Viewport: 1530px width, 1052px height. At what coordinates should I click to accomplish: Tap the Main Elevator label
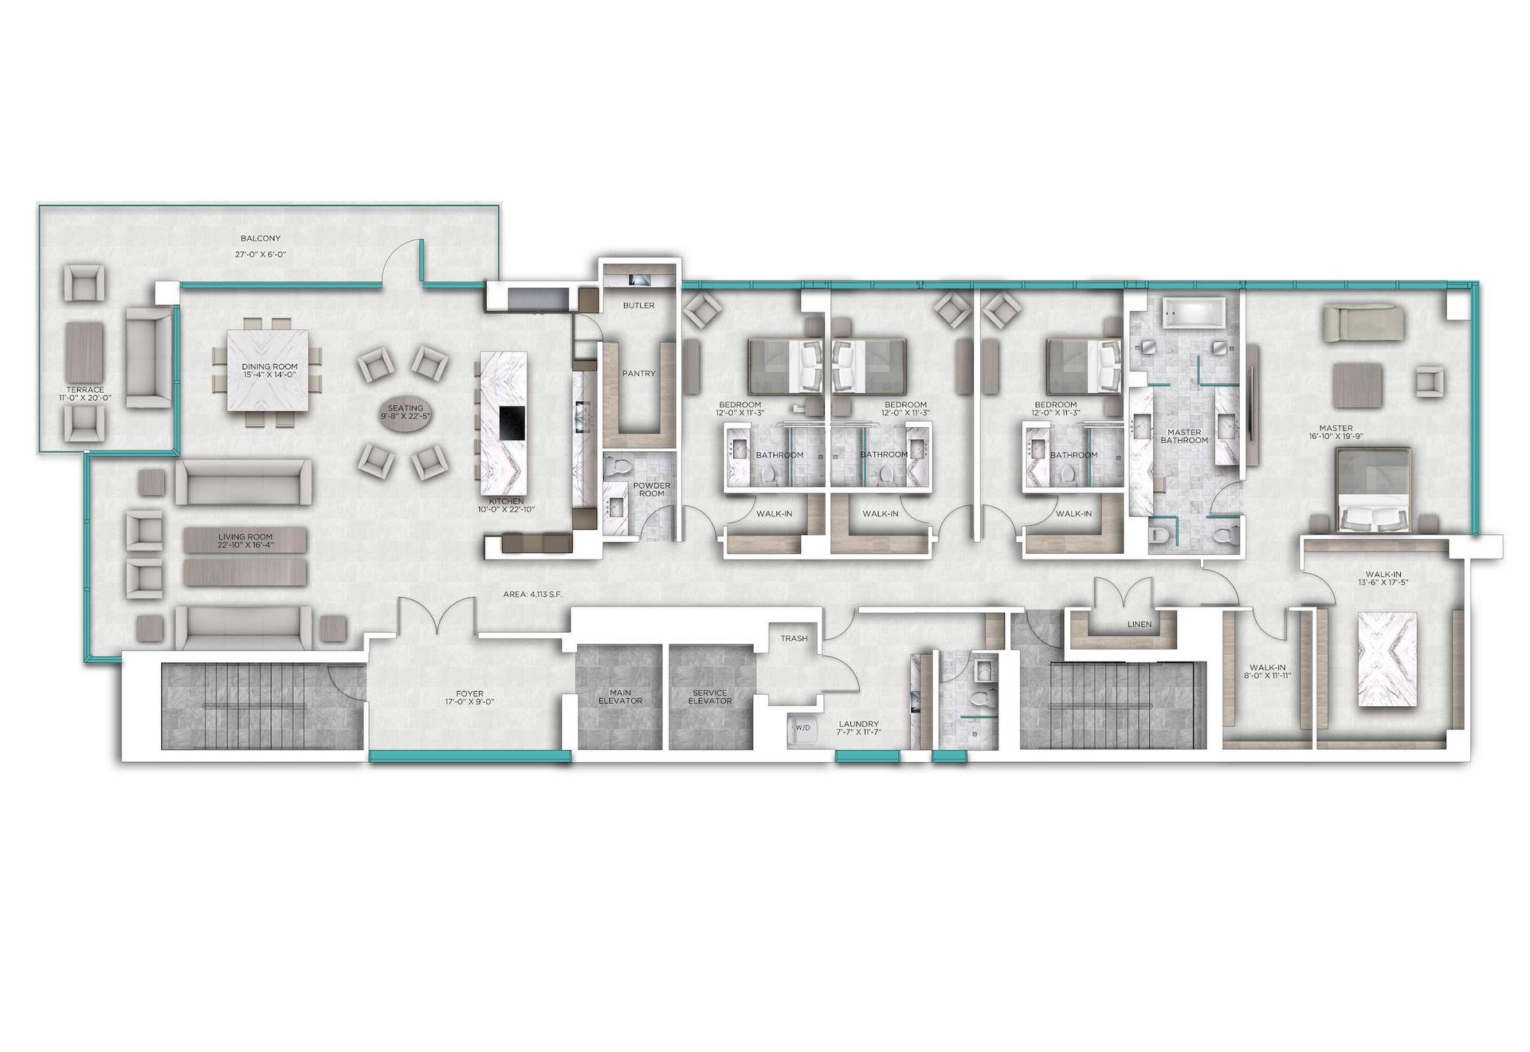pyautogui.click(x=620, y=697)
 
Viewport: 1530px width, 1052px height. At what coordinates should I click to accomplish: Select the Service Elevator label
pyautogui.click(x=710, y=697)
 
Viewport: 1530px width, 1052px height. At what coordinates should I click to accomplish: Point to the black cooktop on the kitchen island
pyautogui.click(x=512, y=422)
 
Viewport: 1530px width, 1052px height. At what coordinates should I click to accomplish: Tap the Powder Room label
pyautogui.click(x=652, y=489)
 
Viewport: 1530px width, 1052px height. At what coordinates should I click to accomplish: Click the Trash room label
pyautogui.click(x=794, y=638)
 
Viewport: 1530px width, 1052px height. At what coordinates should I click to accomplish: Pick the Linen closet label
pyautogui.click(x=1140, y=624)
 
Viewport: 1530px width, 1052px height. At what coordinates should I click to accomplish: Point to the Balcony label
pyautogui.click(x=261, y=238)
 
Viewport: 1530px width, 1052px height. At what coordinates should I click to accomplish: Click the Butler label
pyautogui.click(x=638, y=305)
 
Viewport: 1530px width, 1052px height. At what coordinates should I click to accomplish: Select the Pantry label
pyautogui.click(x=638, y=373)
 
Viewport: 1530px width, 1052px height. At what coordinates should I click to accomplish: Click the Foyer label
pyautogui.click(x=465, y=698)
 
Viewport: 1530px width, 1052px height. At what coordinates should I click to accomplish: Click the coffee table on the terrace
pyautogui.click(x=84, y=351)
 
